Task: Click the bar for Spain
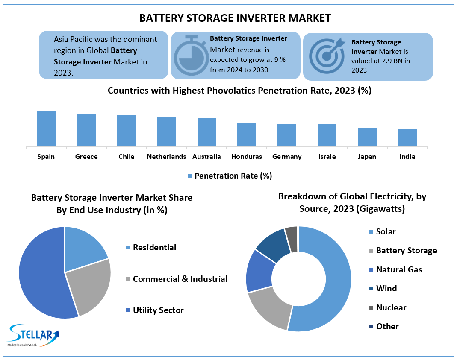click(46, 129)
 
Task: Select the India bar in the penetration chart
click(407, 138)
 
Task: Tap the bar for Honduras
click(247, 135)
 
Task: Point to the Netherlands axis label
click(166, 157)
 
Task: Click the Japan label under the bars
click(367, 157)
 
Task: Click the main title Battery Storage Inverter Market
click(235, 18)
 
